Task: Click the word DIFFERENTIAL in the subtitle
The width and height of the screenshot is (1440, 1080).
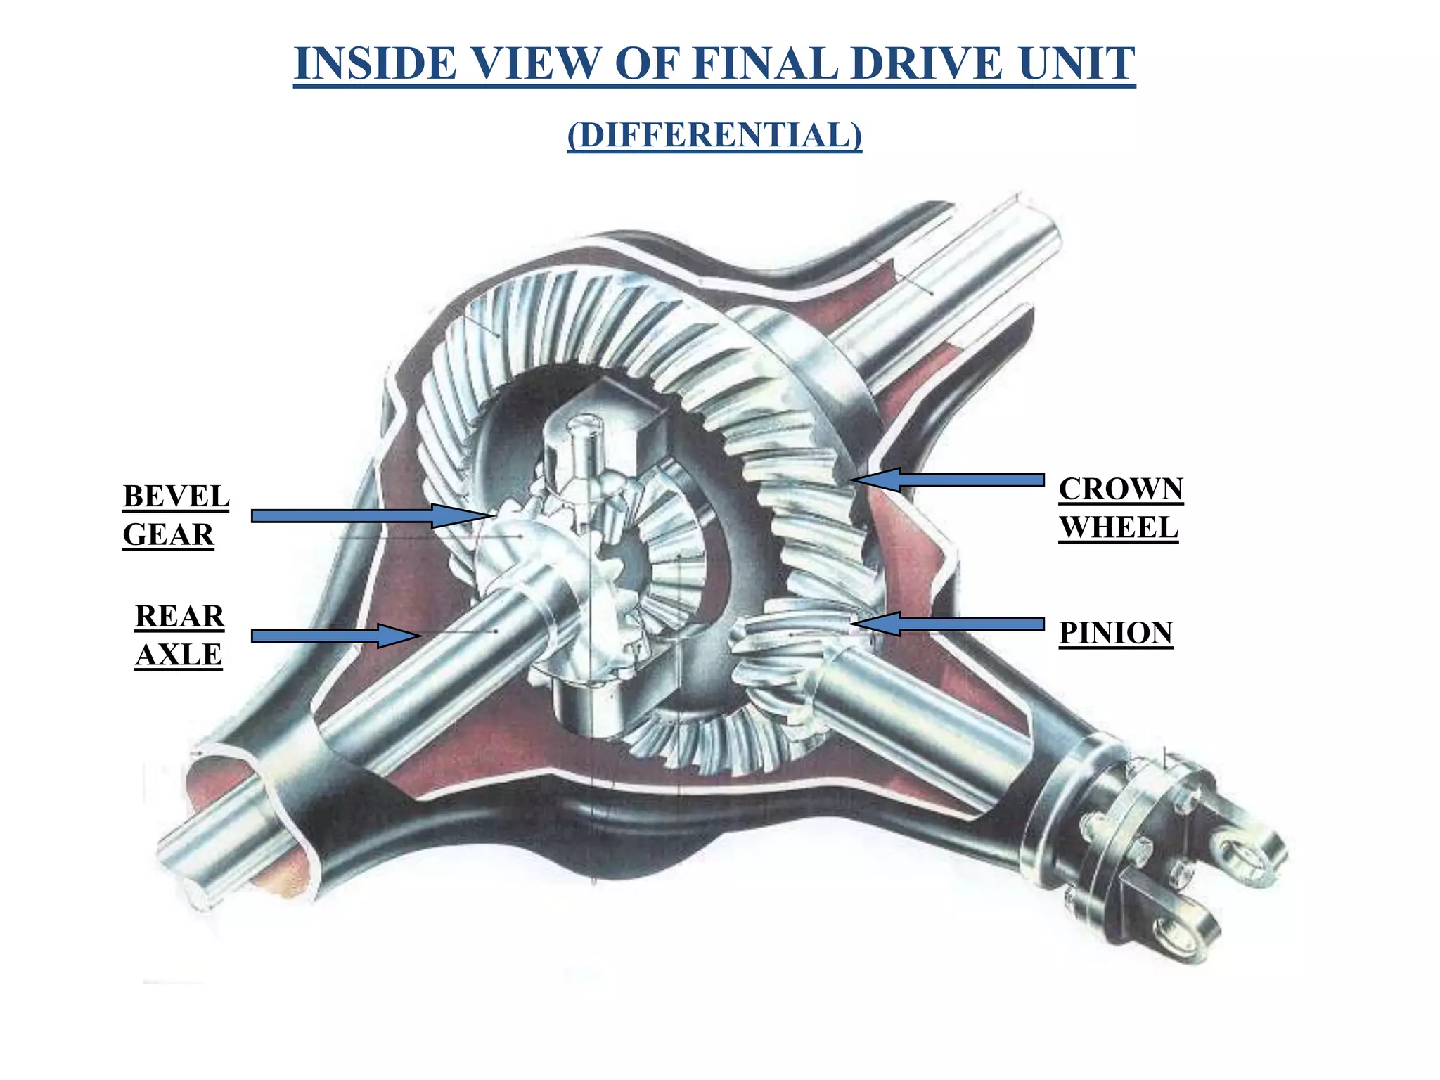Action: (x=714, y=135)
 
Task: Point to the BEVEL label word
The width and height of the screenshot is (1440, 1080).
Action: (x=176, y=496)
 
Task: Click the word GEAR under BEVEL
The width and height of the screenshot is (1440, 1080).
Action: (x=168, y=535)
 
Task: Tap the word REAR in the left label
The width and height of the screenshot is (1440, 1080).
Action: (x=179, y=617)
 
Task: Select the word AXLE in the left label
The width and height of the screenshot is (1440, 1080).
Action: (x=179, y=655)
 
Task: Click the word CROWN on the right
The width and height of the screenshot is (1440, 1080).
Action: (x=1121, y=489)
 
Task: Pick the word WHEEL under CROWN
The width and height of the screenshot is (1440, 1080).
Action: (x=1118, y=528)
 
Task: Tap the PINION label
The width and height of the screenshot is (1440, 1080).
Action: (x=1116, y=633)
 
